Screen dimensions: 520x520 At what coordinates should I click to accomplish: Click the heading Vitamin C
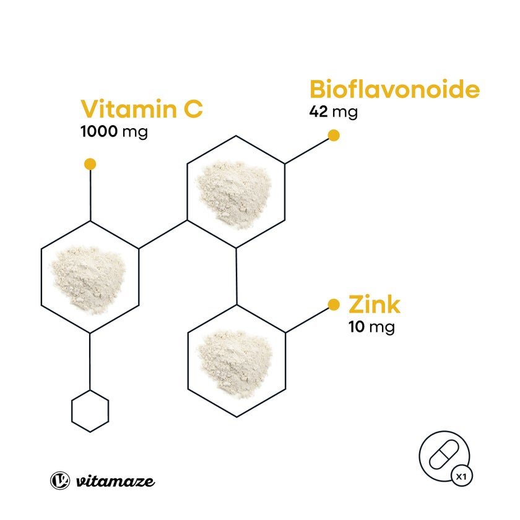pyautogui.click(x=142, y=108)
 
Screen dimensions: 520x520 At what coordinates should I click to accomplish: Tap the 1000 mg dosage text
pyautogui.click(x=114, y=132)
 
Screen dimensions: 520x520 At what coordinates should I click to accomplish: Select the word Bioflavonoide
pyautogui.click(x=394, y=89)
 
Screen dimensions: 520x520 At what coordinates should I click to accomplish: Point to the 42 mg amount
pyautogui.click(x=333, y=112)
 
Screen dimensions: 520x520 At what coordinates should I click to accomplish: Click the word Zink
pyautogui.click(x=375, y=305)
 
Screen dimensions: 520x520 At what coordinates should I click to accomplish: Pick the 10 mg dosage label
pyautogui.click(x=372, y=327)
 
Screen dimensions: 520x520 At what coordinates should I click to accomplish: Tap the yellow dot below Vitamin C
pyautogui.click(x=90, y=164)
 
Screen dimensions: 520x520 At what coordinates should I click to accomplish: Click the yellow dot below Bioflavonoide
pyautogui.click(x=334, y=136)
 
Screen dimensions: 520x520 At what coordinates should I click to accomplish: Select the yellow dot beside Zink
pyautogui.click(x=334, y=305)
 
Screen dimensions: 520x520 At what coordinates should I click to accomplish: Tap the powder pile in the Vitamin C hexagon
pyautogui.click(x=88, y=279)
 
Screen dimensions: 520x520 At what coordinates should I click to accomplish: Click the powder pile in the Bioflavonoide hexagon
pyautogui.click(x=234, y=191)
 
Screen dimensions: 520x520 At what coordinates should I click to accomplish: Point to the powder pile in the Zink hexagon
pyautogui.click(x=235, y=360)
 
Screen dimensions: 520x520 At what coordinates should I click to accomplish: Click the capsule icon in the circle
pyautogui.click(x=444, y=454)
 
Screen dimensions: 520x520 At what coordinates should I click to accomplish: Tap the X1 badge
pyautogui.click(x=462, y=477)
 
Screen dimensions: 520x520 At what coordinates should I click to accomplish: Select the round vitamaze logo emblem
pyautogui.click(x=60, y=480)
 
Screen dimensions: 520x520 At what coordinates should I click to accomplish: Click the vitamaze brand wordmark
pyautogui.click(x=115, y=481)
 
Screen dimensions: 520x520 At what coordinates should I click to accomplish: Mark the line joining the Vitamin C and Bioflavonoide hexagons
pyautogui.click(x=163, y=235)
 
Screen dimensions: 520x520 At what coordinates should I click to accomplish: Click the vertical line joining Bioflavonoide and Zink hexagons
pyautogui.click(x=236, y=276)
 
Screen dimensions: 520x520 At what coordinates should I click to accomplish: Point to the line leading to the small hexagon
pyautogui.click(x=90, y=362)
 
